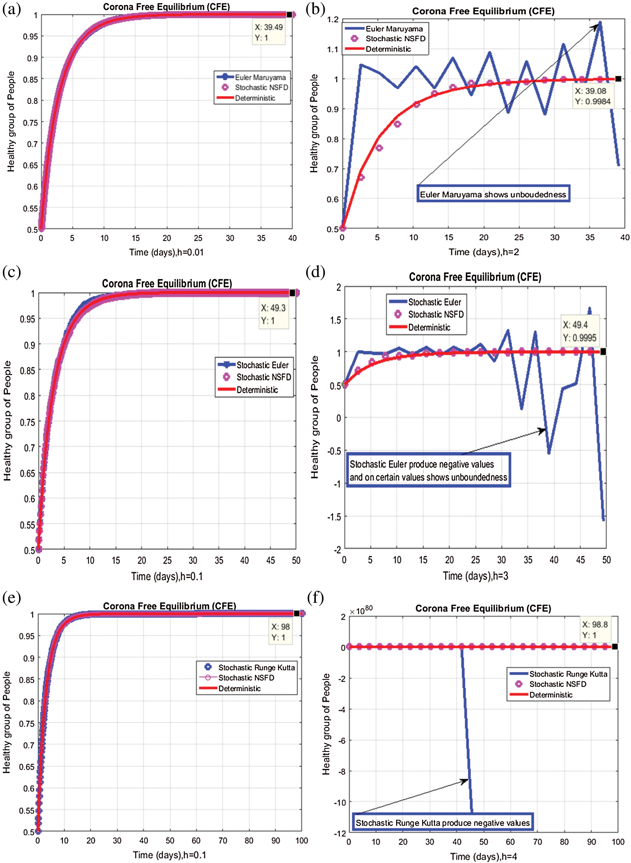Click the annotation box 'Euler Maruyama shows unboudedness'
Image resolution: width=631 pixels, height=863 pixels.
coord(493,194)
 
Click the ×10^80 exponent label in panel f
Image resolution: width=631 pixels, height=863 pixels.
coord(361,611)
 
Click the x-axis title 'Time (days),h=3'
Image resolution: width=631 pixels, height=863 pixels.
coord(475,576)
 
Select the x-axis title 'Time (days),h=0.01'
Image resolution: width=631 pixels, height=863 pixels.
coord(166,252)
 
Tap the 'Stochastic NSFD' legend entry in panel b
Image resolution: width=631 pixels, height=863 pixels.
coord(395,39)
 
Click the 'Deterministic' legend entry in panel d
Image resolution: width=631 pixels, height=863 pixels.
coord(428,327)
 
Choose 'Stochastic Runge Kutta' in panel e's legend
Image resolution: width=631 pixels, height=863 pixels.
coord(256,668)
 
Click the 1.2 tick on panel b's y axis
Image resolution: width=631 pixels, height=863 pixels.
coord(333,19)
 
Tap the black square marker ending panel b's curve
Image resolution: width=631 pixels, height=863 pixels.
coord(618,79)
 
